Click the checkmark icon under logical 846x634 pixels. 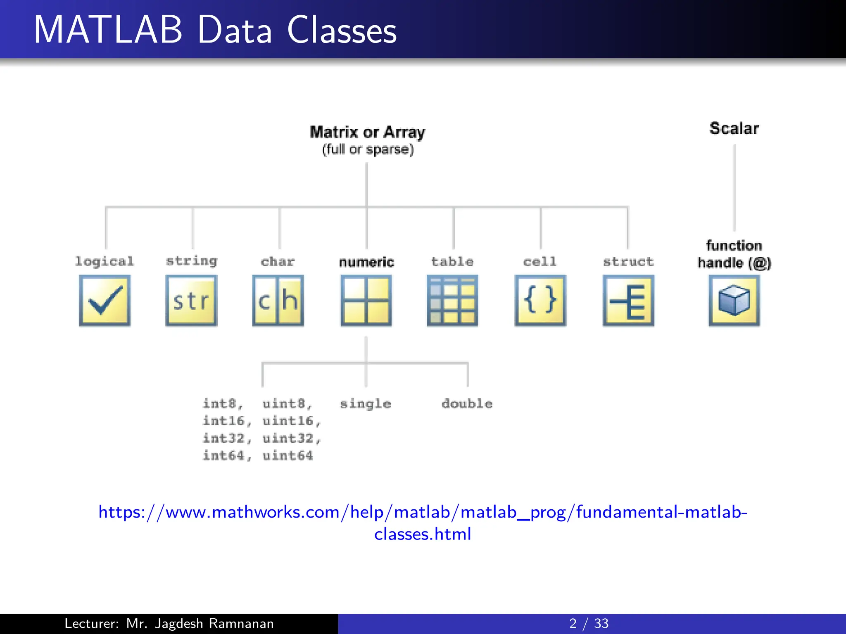point(105,300)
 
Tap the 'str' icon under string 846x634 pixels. point(191,300)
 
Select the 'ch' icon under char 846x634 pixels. point(278,300)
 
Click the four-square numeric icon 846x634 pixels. point(366,300)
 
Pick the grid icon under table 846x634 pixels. point(452,300)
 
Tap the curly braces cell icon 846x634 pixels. point(540,300)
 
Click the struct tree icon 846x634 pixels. point(628,300)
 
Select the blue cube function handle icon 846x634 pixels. point(734,300)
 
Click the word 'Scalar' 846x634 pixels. point(734,128)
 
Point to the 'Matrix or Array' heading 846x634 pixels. point(367,132)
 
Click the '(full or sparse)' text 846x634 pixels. point(368,149)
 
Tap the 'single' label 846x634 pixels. point(365,404)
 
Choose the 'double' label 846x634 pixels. point(467,404)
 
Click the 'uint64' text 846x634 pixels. point(288,456)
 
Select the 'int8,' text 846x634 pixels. point(223,404)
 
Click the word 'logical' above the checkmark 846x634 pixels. point(105,261)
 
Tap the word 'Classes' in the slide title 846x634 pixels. point(342,30)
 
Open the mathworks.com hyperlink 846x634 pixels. point(423,512)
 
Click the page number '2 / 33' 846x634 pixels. point(589,623)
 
